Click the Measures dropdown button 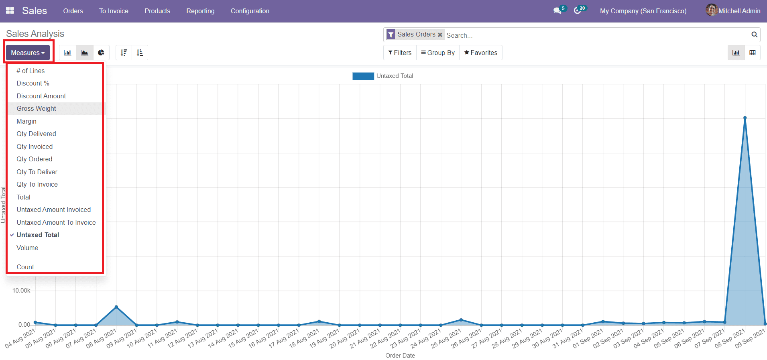28,53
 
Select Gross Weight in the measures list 36,108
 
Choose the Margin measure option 26,121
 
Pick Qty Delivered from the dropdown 36,134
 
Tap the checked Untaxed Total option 38,235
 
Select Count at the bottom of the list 25,267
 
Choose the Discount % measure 33,83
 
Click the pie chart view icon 101,53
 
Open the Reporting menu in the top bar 200,11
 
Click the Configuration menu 250,11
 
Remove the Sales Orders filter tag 440,35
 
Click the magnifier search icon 754,35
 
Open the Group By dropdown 437,53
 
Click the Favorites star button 480,53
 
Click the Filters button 400,53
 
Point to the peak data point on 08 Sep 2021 745,118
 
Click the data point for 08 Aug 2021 116,307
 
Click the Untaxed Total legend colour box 363,76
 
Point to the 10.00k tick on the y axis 21,291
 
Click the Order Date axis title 400,355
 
